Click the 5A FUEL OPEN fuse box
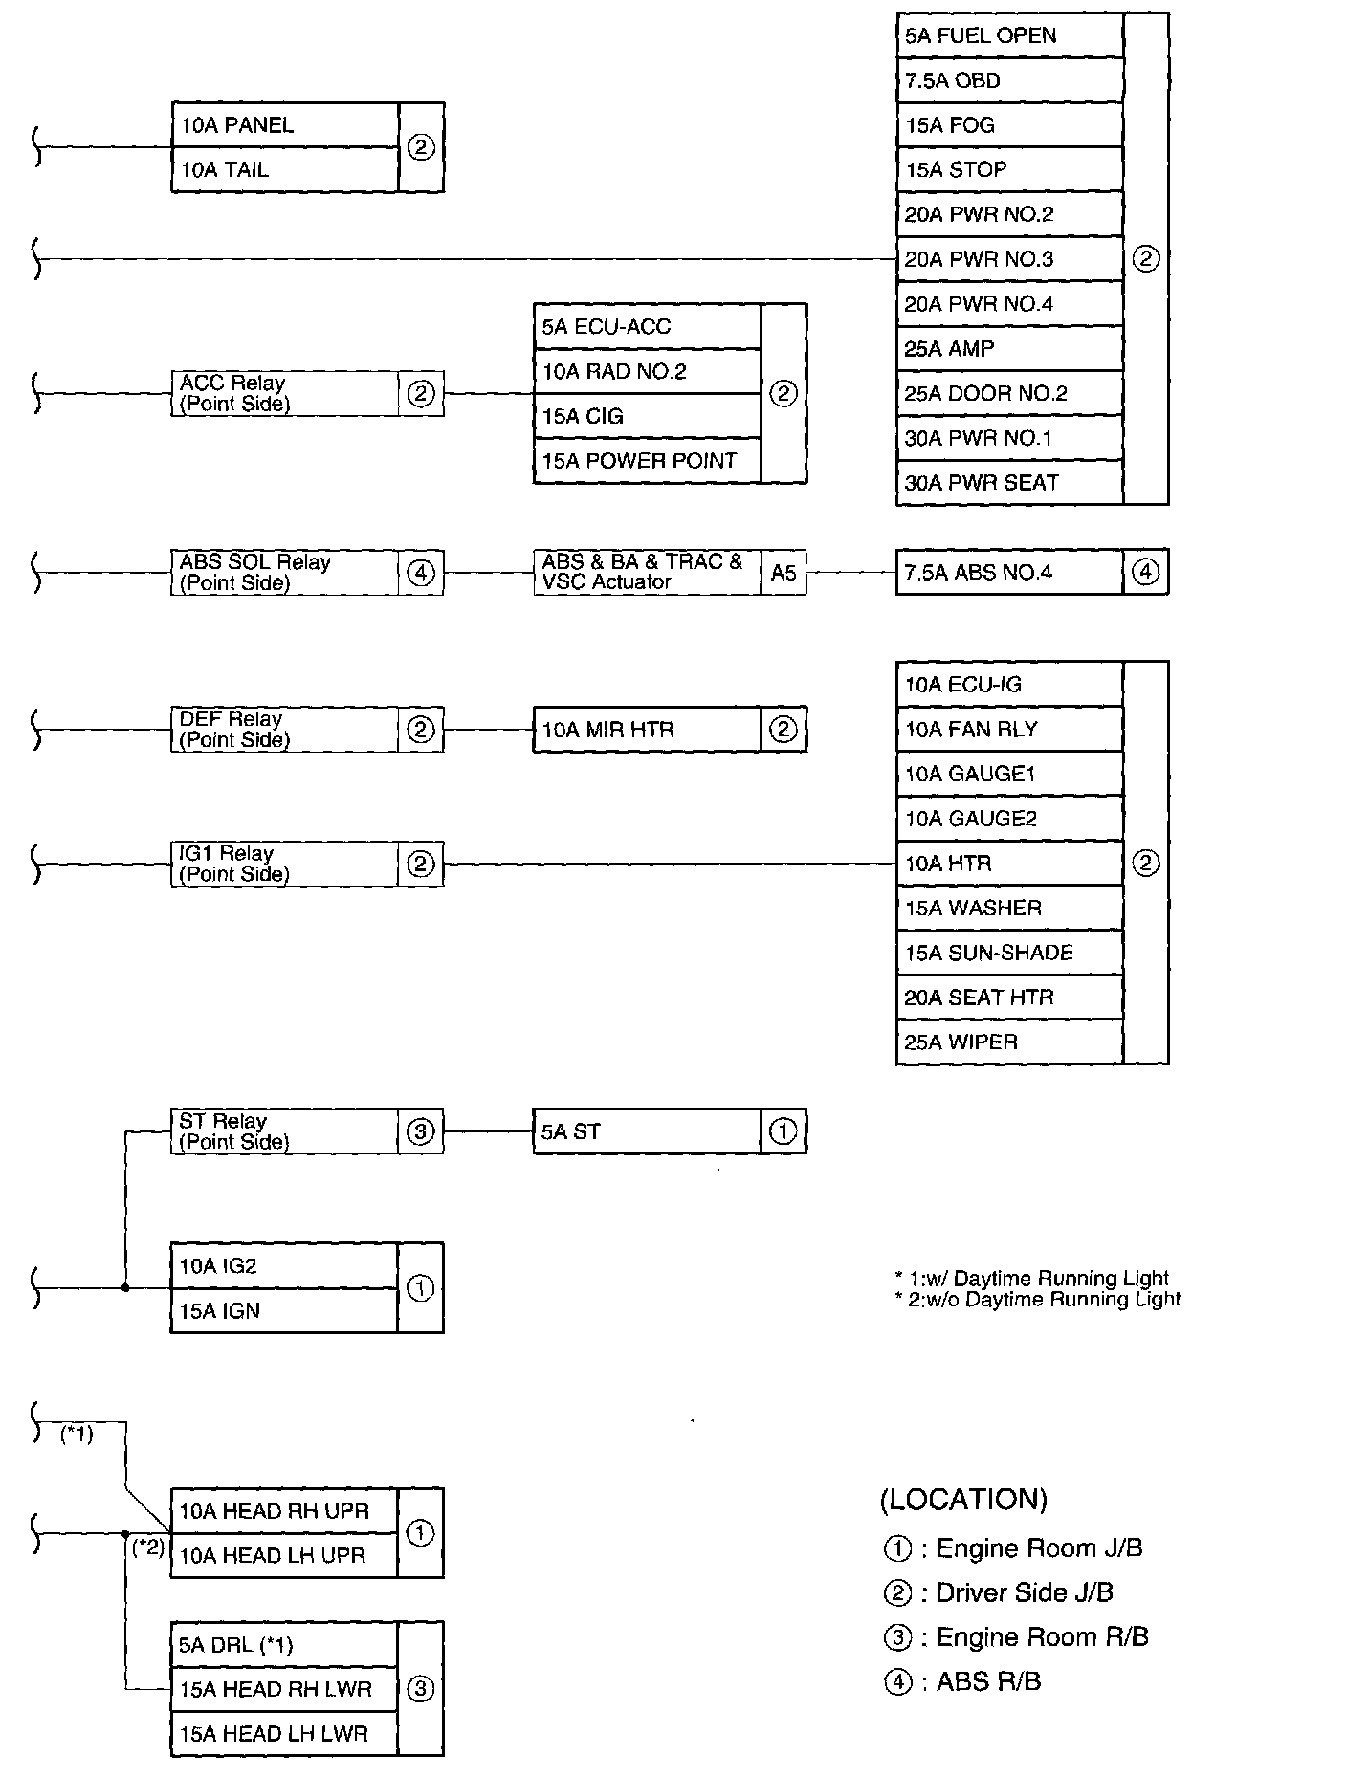click(x=1009, y=36)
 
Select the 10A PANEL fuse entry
click(x=284, y=125)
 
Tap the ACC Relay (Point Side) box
click(x=284, y=393)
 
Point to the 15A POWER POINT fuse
click(x=647, y=461)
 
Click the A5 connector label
click(x=784, y=573)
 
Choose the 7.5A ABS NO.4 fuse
click(x=1009, y=573)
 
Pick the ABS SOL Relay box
click(x=284, y=573)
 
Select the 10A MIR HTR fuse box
click(x=647, y=731)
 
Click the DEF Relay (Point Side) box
click(x=284, y=730)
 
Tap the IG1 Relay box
click(x=284, y=864)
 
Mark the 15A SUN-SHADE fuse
click(x=1009, y=954)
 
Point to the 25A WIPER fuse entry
click(x=1009, y=1042)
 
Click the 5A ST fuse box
click(x=647, y=1131)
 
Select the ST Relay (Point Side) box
click(x=284, y=1131)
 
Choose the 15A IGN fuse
click(x=284, y=1311)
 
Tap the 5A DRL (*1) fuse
click(x=284, y=1645)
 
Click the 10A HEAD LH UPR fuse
click(x=284, y=1556)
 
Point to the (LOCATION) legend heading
click(x=963, y=1499)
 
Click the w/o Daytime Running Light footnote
click(x=1038, y=1300)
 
